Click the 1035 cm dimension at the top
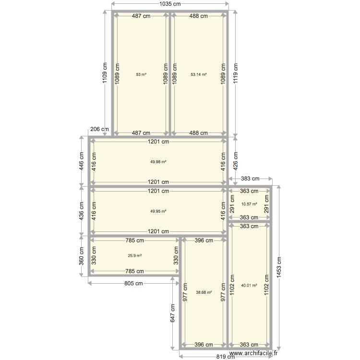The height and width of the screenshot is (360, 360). [170, 4]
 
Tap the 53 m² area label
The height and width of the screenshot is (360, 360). [141, 74]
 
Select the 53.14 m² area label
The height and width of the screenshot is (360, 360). [199, 74]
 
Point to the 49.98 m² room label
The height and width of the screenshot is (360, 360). [158, 162]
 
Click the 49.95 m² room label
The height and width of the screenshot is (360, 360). [158, 211]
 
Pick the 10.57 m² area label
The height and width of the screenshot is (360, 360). [249, 204]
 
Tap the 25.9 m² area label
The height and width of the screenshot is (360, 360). [135, 255]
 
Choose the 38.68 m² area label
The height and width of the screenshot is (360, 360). [204, 292]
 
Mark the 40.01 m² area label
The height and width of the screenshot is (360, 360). [249, 286]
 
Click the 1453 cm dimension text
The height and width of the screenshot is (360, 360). [279, 267]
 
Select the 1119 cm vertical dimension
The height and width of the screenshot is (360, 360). [236, 73]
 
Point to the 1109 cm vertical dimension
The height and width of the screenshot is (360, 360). [105, 73]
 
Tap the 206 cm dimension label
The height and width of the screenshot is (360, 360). [99, 129]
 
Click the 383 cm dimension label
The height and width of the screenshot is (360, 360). [250, 179]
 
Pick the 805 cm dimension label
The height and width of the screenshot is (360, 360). [133, 283]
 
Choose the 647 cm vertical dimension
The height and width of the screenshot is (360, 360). [173, 313]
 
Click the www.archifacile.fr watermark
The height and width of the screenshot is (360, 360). [253, 353]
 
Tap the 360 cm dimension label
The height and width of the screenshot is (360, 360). [82, 256]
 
